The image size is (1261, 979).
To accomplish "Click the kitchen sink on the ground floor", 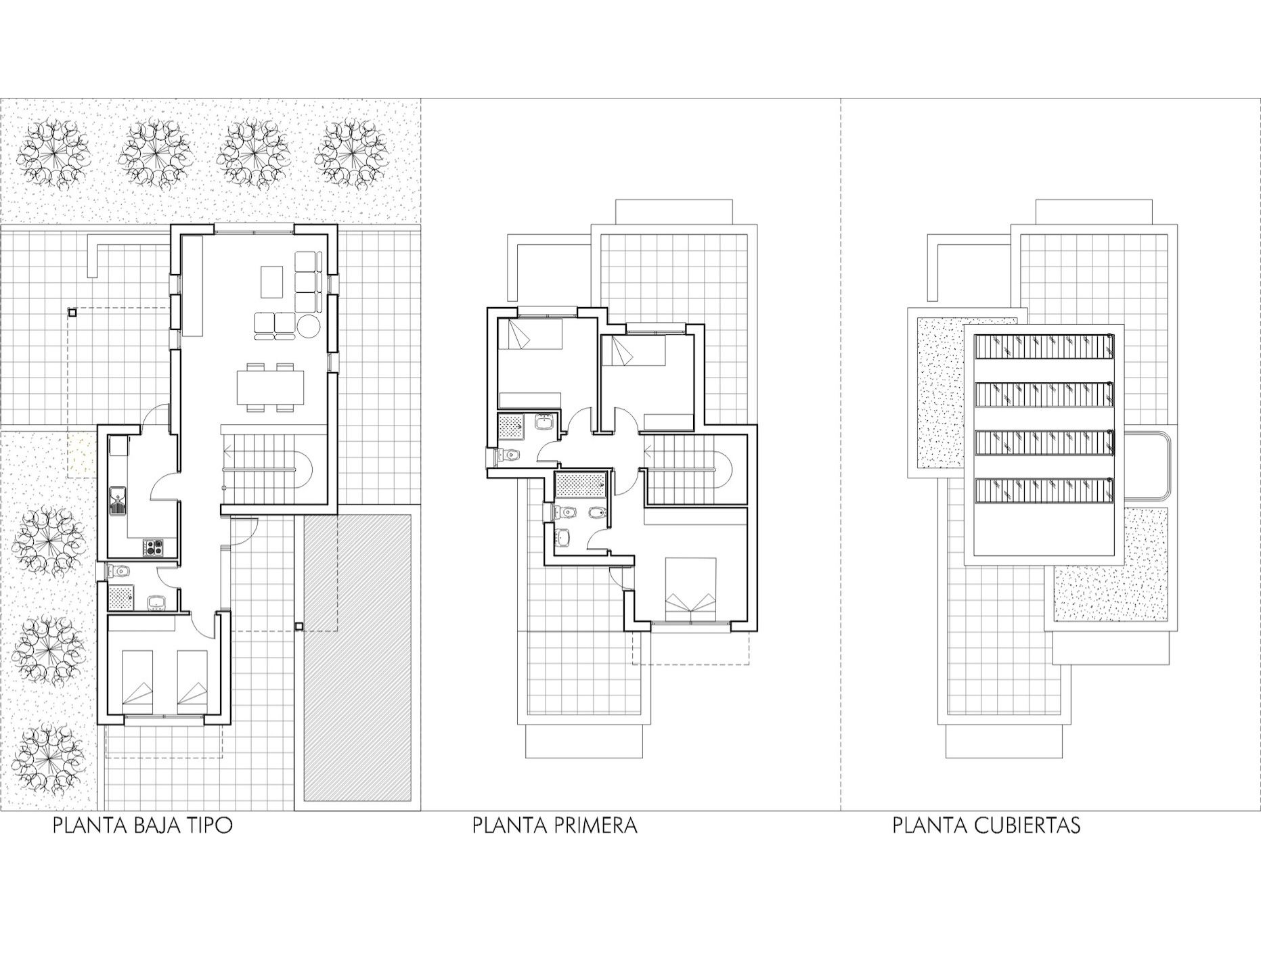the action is coord(120,501).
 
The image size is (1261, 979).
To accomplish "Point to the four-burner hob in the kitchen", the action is coord(153,546).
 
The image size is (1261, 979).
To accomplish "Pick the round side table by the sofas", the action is coord(309,326).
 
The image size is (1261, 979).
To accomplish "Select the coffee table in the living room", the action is coord(272,282).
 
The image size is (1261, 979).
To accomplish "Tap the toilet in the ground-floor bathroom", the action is coord(120,572).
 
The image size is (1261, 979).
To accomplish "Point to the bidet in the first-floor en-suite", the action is coord(596,516).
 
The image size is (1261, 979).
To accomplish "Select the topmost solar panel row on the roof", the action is coord(1044,346).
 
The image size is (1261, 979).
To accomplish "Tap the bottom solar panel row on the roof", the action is coord(1044,491).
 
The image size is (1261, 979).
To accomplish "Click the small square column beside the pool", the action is coord(299,626).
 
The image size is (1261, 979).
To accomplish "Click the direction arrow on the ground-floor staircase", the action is coord(231,449).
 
